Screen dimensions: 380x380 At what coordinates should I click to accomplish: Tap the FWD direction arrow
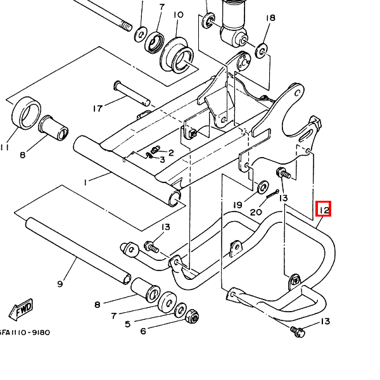[x=21, y=310]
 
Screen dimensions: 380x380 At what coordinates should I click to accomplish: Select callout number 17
[x=98, y=108]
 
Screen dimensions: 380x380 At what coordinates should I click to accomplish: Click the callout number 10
[x=179, y=15]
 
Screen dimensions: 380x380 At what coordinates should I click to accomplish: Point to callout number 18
[x=270, y=18]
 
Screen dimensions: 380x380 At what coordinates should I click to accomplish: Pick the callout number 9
[x=60, y=284]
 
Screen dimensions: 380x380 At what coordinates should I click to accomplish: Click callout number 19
[x=237, y=205]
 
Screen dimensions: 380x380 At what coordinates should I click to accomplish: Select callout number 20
[x=256, y=212]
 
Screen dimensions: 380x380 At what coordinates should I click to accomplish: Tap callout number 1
[x=85, y=182]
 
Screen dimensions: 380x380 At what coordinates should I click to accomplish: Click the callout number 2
[x=171, y=153]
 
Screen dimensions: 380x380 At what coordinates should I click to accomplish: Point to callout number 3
[x=162, y=160]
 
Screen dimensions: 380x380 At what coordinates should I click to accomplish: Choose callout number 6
[x=143, y=331]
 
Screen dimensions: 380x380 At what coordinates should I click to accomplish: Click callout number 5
[x=128, y=324]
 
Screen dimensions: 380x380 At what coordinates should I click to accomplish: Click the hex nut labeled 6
[x=192, y=316]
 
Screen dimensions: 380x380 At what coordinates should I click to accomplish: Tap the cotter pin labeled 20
[x=272, y=194]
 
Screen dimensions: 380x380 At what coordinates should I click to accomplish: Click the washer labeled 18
[x=262, y=51]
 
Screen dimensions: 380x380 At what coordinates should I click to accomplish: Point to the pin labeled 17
[x=132, y=93]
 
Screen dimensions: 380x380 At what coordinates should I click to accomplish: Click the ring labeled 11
[x=26, y=113]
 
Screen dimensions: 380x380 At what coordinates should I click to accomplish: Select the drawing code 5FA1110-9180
[x=24, y=332]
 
